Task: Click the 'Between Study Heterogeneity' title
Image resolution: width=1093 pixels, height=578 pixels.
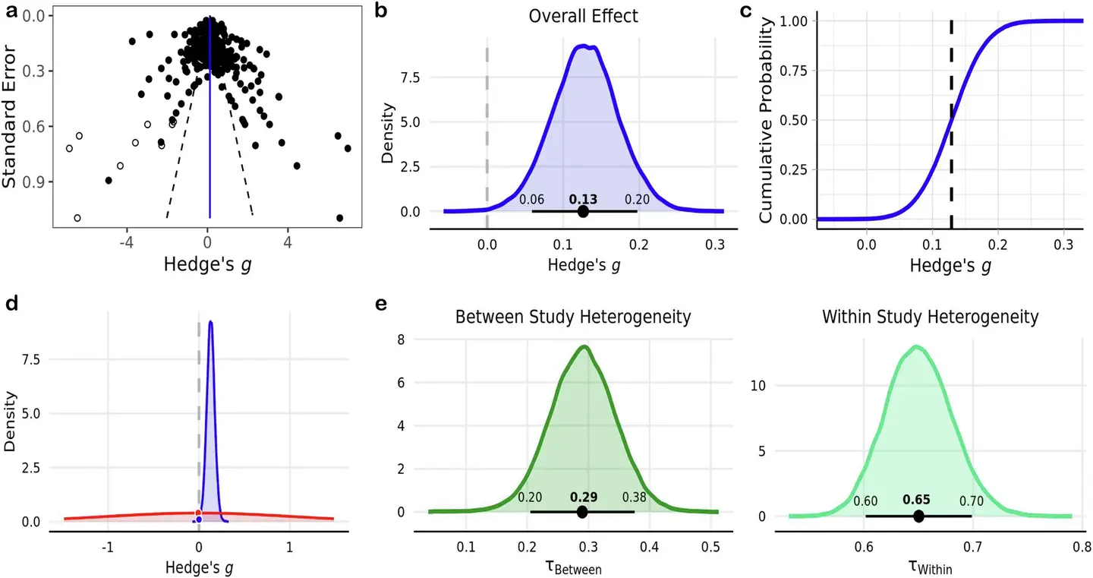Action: pos(573,317)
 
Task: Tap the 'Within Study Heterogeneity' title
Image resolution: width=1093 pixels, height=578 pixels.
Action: pos(930,317)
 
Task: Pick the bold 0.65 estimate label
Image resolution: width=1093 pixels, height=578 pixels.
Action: pos(916,500)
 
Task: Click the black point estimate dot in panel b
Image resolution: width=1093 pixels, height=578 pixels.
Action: pos(583,211)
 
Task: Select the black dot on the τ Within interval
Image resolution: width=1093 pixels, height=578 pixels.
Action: pos(918,516)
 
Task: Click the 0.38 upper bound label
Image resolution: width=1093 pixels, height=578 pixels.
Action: pos(635,497)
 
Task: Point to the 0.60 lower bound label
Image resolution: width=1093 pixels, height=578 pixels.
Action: pos(865,501)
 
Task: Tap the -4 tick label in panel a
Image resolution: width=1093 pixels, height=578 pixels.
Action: pos(126,244)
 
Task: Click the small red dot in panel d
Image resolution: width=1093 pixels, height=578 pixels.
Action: pos(198,513)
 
